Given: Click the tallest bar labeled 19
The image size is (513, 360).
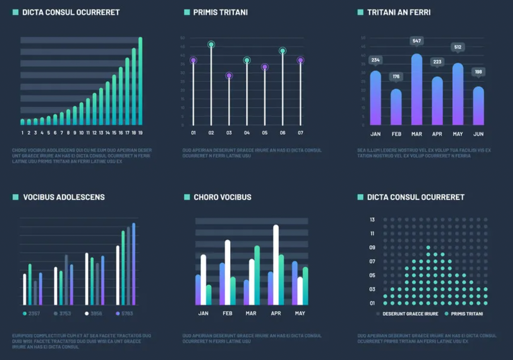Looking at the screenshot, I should pyautogui.click(x=140, y=81).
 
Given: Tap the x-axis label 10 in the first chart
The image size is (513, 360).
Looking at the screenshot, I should pyautogui.click(x=81, y=133).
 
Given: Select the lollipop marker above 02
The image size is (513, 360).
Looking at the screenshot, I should pyautogui.click(x=211, y=44).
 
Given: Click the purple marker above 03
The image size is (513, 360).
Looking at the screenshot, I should pyautogui.click(x=229, y=76).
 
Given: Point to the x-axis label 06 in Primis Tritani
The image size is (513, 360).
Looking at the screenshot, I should pyautogui.click(x=282, y=133).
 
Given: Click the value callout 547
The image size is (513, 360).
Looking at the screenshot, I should pyautogui.click(x=416, y=41).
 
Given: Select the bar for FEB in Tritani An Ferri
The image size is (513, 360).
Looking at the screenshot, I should pyautogui.click(x=396, y=107).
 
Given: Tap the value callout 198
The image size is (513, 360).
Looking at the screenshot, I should pyautogui.click(x=478, y=72).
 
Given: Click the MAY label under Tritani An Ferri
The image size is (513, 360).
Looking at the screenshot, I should pyautogui.click(x=457, y=134).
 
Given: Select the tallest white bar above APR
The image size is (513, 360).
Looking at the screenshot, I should pyautogui.click(x=276, y=264).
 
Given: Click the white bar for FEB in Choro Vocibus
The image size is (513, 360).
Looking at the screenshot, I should pyautogui.click(x=227, y=272).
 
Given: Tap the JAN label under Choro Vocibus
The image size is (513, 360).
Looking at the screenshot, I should pyautogui.click(x=203, y=313).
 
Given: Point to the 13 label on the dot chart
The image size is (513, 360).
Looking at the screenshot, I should pyautogui.click(x=372, y=220).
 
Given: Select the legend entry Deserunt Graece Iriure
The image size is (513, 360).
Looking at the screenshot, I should pyautogui.click(x=410, y=314).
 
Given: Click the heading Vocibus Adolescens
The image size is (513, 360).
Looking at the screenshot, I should pyautogui.click(x=64, y=197).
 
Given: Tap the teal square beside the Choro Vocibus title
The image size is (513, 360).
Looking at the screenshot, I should pyautogui.click(x=187, y=197).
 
